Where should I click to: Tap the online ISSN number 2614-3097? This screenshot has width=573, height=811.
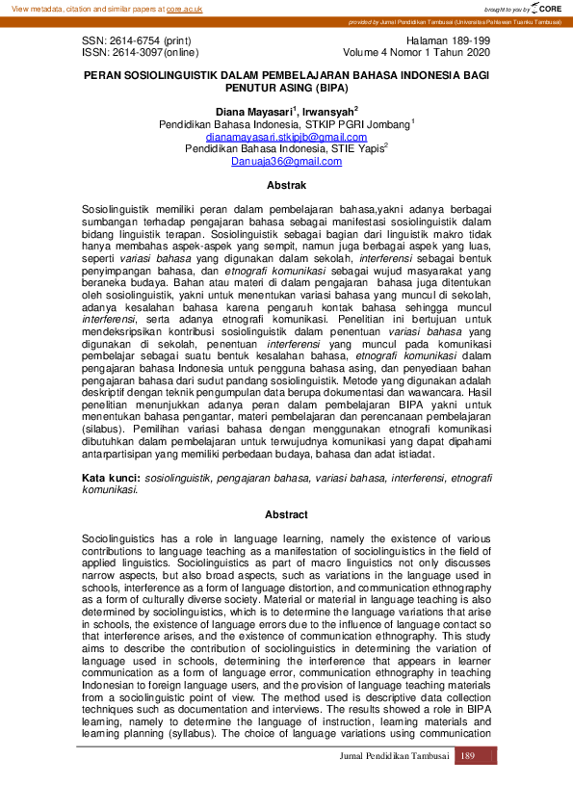coord(129,53)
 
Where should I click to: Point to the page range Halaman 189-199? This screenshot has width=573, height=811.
coord(449,41)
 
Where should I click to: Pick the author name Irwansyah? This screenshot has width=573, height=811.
coord(328,112)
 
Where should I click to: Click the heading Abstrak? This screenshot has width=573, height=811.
coord(286,185)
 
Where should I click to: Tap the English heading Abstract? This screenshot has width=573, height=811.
coord(286,515)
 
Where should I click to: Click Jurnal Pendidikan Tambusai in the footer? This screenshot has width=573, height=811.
coord(395,756)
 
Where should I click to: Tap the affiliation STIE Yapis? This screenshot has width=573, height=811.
coord(357,149)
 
